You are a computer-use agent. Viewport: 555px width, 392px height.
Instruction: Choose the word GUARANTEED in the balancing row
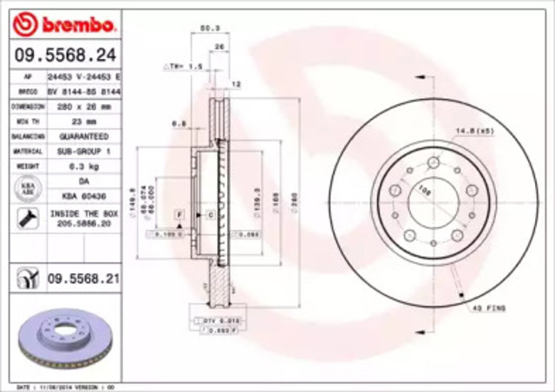84,137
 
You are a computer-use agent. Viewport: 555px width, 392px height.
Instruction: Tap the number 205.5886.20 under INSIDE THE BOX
84,223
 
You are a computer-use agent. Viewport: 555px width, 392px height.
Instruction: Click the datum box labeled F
178,212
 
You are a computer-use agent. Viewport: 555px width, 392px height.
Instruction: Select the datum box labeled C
209,212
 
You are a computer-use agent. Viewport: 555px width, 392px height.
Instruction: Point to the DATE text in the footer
25,387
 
